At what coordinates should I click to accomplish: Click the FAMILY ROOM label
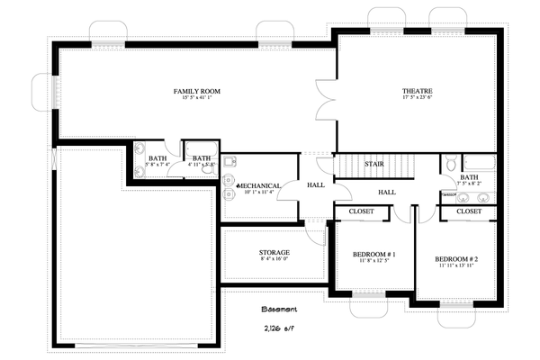pos(197,91)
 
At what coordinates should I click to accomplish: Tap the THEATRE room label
pos(418,91)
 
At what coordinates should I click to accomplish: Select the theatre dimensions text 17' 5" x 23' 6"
pos(418,99)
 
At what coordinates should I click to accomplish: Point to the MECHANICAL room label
pos(259,185)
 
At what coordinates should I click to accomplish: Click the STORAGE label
pos(274,252)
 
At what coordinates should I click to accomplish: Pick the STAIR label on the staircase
pos(374,164)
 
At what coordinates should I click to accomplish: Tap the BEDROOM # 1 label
pos(374,255)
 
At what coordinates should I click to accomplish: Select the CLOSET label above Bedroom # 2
pos(469,211)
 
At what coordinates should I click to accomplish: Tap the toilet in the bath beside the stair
pos(451,165)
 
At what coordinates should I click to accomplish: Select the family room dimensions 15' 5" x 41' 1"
pos(197,99)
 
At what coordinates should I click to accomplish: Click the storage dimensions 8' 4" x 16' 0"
pos(274,260)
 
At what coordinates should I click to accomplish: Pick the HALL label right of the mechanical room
pos(316,185)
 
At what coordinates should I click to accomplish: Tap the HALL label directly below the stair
pos(387,192)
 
